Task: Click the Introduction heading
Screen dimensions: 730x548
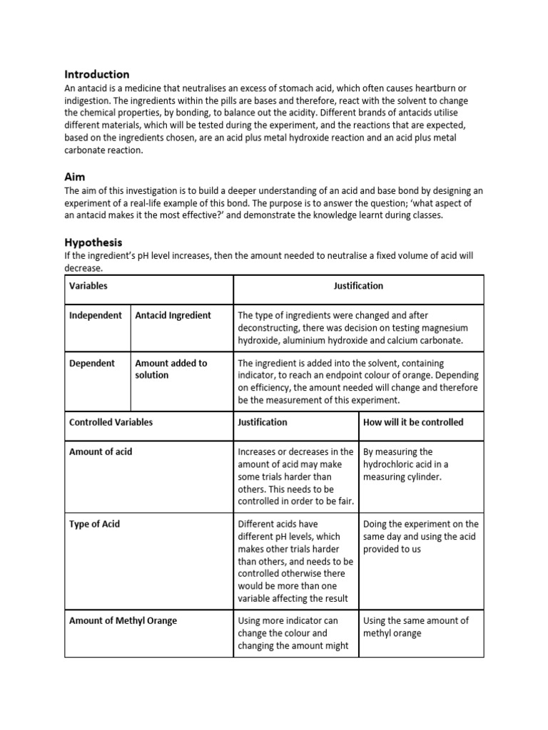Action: [x=97, y=74]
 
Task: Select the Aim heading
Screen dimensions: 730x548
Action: [x=75, y=176]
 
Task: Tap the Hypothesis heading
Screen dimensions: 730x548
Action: [x=93, y=242]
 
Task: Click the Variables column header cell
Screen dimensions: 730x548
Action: [x=88, y=286]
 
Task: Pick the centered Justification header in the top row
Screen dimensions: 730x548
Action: [x=358, y=286]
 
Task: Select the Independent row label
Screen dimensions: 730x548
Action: [x=96, y=315]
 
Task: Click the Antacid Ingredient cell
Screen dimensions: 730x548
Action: [x=173, y=315]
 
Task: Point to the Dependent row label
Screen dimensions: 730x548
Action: [x=92, y=363]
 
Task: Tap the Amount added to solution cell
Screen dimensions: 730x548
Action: [x=171, y=369]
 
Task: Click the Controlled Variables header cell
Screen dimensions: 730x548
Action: [x=111, y=422]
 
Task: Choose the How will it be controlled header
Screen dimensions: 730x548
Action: [x=413, y=422]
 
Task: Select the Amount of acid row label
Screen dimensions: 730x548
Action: [x=101, y=452]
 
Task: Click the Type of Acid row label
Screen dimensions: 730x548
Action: [x=94, y=524]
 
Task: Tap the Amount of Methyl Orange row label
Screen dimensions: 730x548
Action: [x=123, y=621]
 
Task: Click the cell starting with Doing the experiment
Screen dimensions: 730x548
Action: [x=420, y=536]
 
